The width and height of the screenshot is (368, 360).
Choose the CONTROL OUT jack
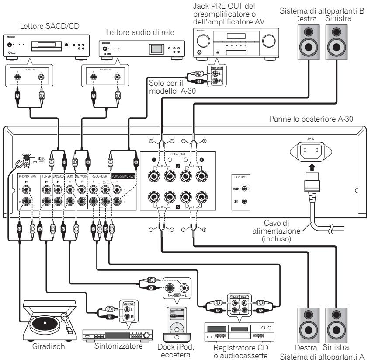tap(244, 189)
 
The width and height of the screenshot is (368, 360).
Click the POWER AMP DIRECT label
tap(124, 177)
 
